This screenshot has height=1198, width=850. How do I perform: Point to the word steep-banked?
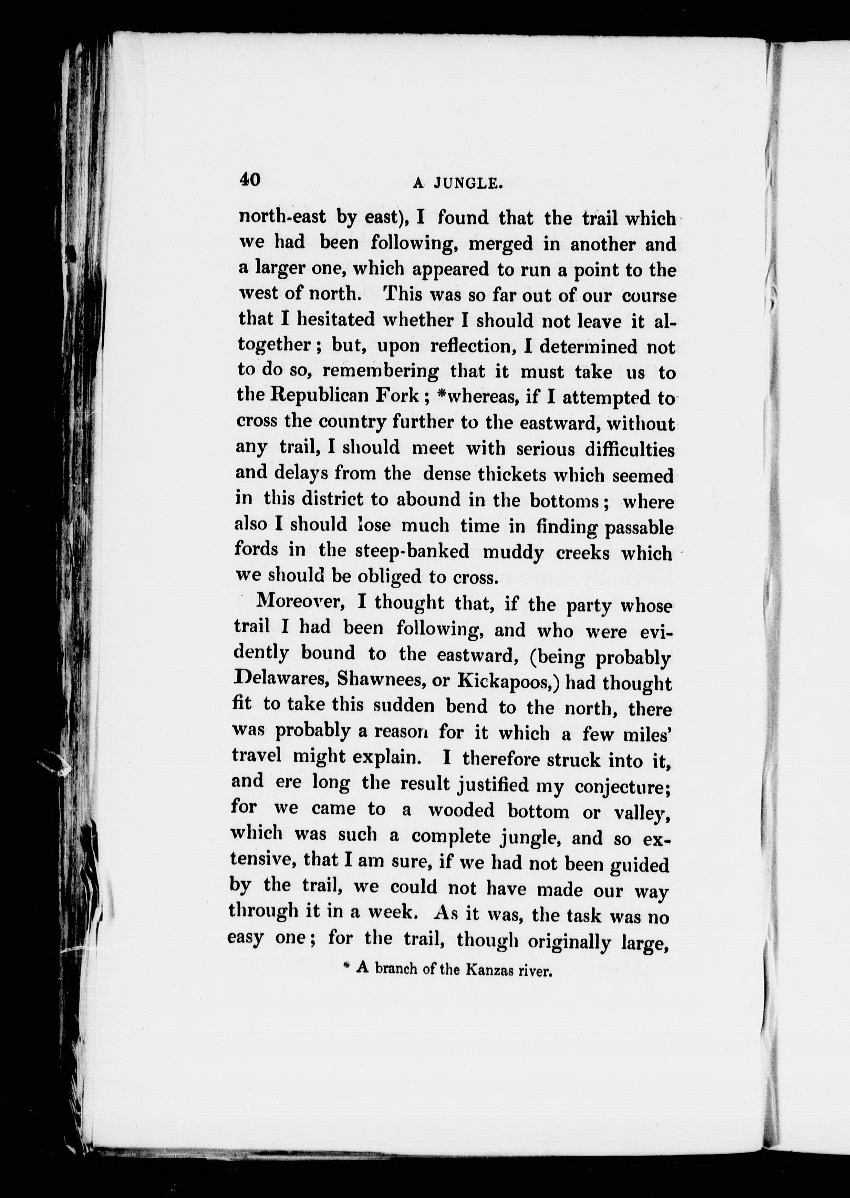(x=412, y=552)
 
